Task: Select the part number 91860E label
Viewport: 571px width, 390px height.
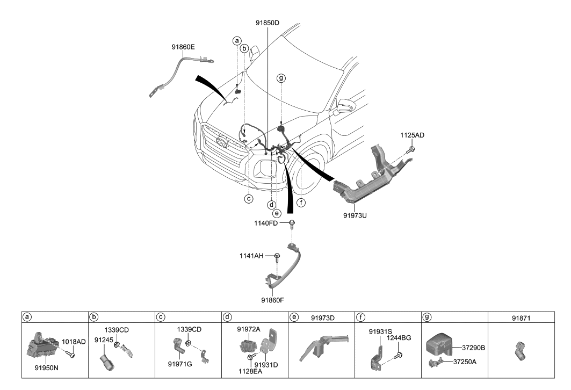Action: pyautogui.click(x=183, y=47)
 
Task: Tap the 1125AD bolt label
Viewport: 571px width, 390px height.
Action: pyautogui.click(x=412, y=135)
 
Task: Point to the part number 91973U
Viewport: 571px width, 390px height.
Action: pyautogui.click(x=356, y=216)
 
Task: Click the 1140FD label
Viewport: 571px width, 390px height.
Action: pyautogui.click(x=266, y=223)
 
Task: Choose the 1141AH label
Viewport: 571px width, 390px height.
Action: pyautogui.click(x=251, y=256)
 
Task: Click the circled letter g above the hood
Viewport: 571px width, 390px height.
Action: pyautogui.click(x=280, y=78)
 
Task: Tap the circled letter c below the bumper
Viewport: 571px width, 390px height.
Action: pyautogui.click(x=248, y=199)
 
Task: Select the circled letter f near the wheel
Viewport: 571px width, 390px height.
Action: pyautogui.click(x=301, y=203)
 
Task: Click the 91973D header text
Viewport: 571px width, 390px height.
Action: pyautogui.click(x=323, y=317)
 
